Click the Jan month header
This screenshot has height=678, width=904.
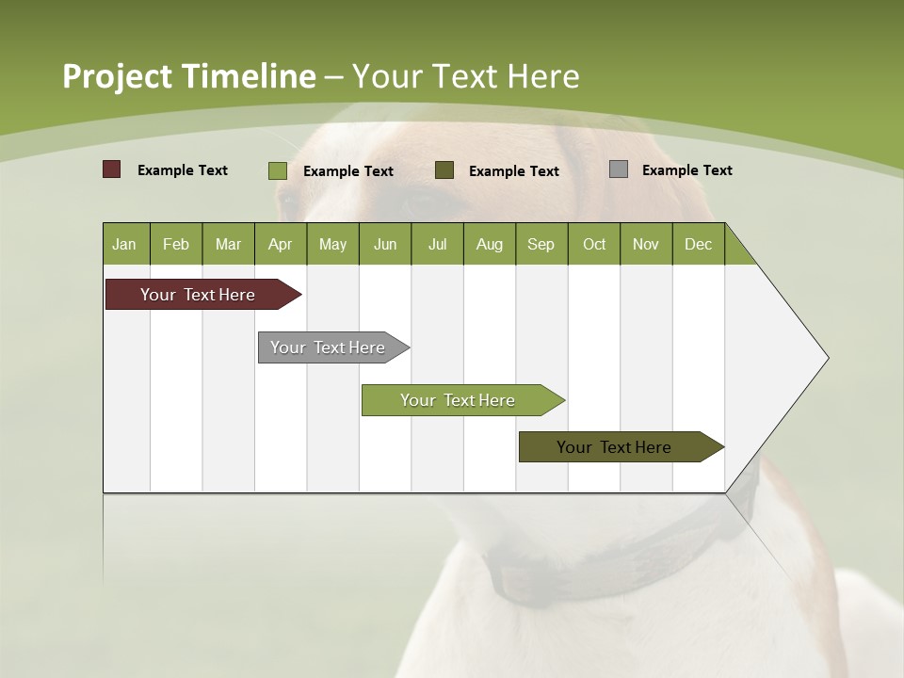pos(125,244)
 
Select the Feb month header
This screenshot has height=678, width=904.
pos(176,244)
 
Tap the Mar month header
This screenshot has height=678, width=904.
pos(228,244)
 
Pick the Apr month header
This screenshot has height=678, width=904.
pos(281,244)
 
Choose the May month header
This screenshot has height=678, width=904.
pos(332,244)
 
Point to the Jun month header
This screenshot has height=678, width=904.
pos(385,244)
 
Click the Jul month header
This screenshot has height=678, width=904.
pos(437,244)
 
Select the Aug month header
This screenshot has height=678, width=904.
pos(490,244)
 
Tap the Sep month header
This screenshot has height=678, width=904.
pos(541,244)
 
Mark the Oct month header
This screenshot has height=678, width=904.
pos(594,244)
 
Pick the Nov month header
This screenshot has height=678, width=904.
pos(646,244)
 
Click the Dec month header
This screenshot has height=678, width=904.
pos(699,244)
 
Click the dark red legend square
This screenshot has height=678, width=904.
pos(111,169)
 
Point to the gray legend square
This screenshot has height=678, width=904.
pos(619,169)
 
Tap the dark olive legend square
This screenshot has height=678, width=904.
pos(444,170)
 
